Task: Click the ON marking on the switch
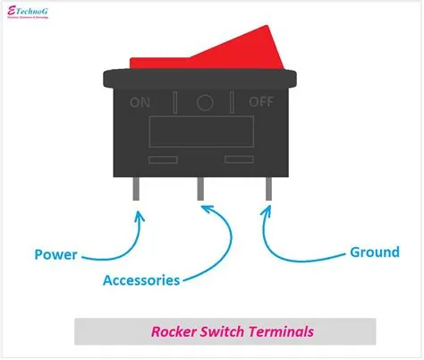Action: pos(141,101)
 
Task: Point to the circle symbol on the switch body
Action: pos(205,101)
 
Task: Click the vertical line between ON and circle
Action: pos(174,101)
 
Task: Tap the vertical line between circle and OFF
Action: pos(235,101)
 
